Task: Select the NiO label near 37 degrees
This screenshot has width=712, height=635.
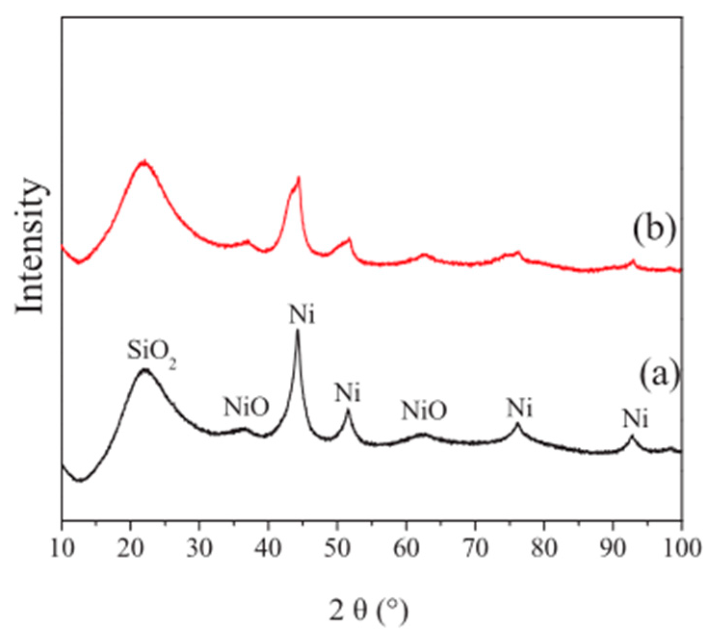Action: (x=246, y=408)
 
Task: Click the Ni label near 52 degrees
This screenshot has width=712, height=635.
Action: (x=348, y=394)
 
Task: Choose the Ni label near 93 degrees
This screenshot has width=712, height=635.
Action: (x=635, y=419)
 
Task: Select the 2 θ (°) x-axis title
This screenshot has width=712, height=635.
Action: (x=369, y=610)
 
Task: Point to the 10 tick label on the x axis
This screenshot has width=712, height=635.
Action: (x=62, y=548)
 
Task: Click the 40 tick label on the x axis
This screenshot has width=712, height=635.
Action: (x=268, y=548)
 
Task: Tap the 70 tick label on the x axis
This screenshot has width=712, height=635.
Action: (x=475, y=548)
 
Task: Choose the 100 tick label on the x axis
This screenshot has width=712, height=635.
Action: (x=681, y=548)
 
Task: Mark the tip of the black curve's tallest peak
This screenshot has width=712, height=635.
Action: (x=297, y=330)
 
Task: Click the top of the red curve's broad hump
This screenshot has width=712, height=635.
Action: (x=143, y=162)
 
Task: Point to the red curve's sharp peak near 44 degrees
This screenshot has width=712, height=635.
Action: (x=298, y=178)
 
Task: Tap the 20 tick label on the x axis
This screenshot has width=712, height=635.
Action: (x=130, y=548)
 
